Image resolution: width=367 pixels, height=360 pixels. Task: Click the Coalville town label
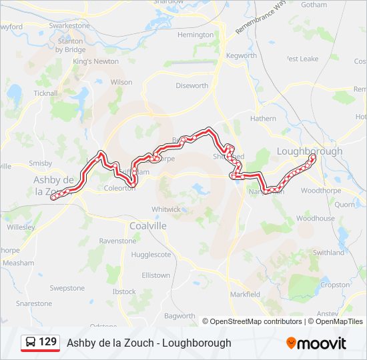(x=149, y=226)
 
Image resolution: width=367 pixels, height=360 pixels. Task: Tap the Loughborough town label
(x=309, y=151)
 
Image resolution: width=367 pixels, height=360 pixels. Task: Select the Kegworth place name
(x=242, y=56)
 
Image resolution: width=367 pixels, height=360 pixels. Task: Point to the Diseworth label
(x=192, y=86)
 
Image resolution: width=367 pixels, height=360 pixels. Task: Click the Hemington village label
(x=196, y=35)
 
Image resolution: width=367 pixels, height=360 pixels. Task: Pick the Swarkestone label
(x=69, y=25)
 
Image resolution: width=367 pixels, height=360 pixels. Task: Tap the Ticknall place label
(x=45, y=93)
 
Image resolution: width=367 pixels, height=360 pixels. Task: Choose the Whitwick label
(x=166, y=209)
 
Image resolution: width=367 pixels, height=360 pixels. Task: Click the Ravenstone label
(x=117, y=241)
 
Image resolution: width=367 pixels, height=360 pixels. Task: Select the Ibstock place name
(x=124, y=292)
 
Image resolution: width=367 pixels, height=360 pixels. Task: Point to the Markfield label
(x=245, y=294)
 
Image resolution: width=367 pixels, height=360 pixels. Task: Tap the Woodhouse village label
(x=316, y=219)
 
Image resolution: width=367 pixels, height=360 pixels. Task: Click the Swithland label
(x=329, y=253)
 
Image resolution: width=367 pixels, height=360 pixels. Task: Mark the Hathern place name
(x=263, y=119)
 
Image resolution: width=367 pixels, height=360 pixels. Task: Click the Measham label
(x=18, y=263)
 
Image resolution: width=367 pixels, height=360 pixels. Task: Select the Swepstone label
(x=67, y=289)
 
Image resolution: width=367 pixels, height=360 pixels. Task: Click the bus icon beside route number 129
(x=31, y=343)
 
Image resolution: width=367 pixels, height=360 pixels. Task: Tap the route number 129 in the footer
(x=48, y=342)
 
